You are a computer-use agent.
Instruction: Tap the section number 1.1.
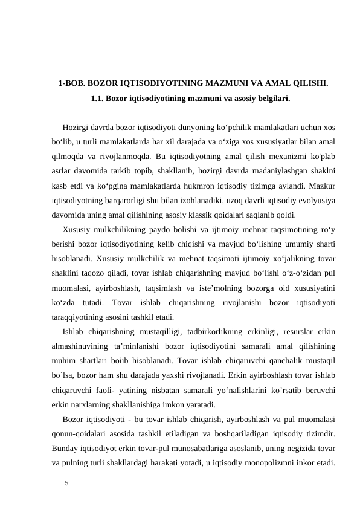(x=97, y=97)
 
